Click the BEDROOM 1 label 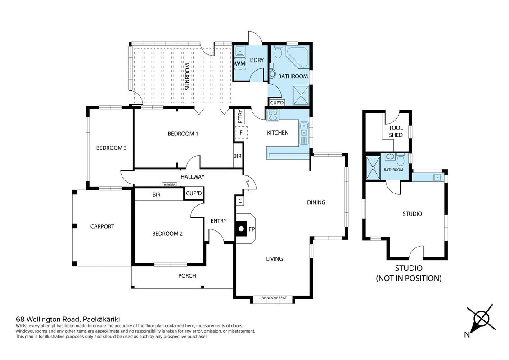(x=183, y=134)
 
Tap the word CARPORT (x=102, y=226)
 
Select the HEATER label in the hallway (x=170, y=184)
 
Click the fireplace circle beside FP (x=241, y=229)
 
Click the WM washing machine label (x=240, y=63)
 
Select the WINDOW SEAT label (x=274, y=297)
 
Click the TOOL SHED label (x=396, y=131)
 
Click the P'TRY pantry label (x=240, y=117)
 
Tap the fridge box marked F (x=241, y=133)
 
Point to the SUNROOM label (x=187, y=76)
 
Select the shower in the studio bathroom (x=373, y=168)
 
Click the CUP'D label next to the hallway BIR (x=194, y=193)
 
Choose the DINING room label (x=316, y=202)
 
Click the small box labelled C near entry (x=240, y=201)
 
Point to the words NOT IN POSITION (x=409, y=278)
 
